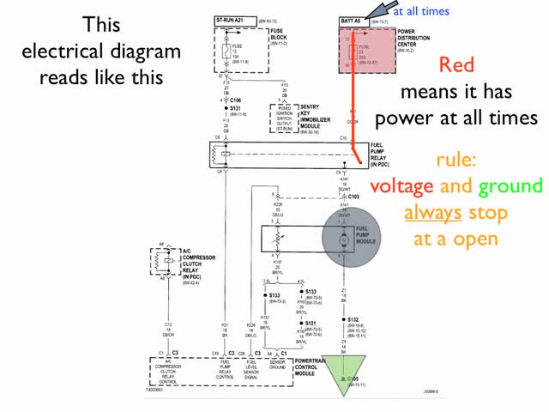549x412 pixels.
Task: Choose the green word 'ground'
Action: pyautogui.click(x=510, y=186)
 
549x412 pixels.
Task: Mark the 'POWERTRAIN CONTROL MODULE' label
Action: pyautogui.click(x=315, y=368)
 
